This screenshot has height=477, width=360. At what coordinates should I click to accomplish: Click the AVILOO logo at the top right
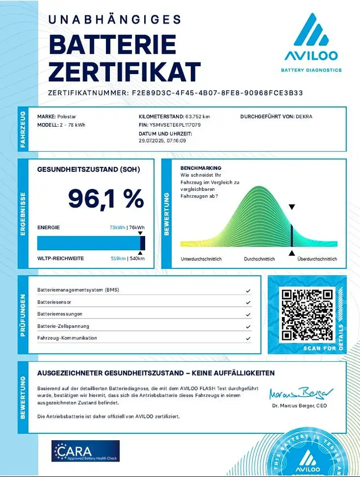311,42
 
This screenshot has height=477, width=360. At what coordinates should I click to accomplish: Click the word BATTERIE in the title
112,45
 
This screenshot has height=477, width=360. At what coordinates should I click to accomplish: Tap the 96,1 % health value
105,199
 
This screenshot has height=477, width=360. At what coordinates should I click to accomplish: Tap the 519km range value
118,258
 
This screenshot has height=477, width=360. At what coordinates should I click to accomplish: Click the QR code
307,314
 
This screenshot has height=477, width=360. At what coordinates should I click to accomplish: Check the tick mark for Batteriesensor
248,302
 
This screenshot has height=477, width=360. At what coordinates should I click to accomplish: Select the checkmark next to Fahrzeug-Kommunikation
248,338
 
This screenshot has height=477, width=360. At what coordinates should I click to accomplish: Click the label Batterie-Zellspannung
63,326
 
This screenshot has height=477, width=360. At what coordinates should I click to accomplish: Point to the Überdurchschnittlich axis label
317,259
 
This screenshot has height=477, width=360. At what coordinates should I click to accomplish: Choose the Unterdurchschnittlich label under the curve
201,259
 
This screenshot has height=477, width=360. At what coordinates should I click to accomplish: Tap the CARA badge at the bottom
86,451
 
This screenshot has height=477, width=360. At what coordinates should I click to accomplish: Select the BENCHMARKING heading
201,168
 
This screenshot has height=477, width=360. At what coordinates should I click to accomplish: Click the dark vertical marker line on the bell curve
291,235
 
